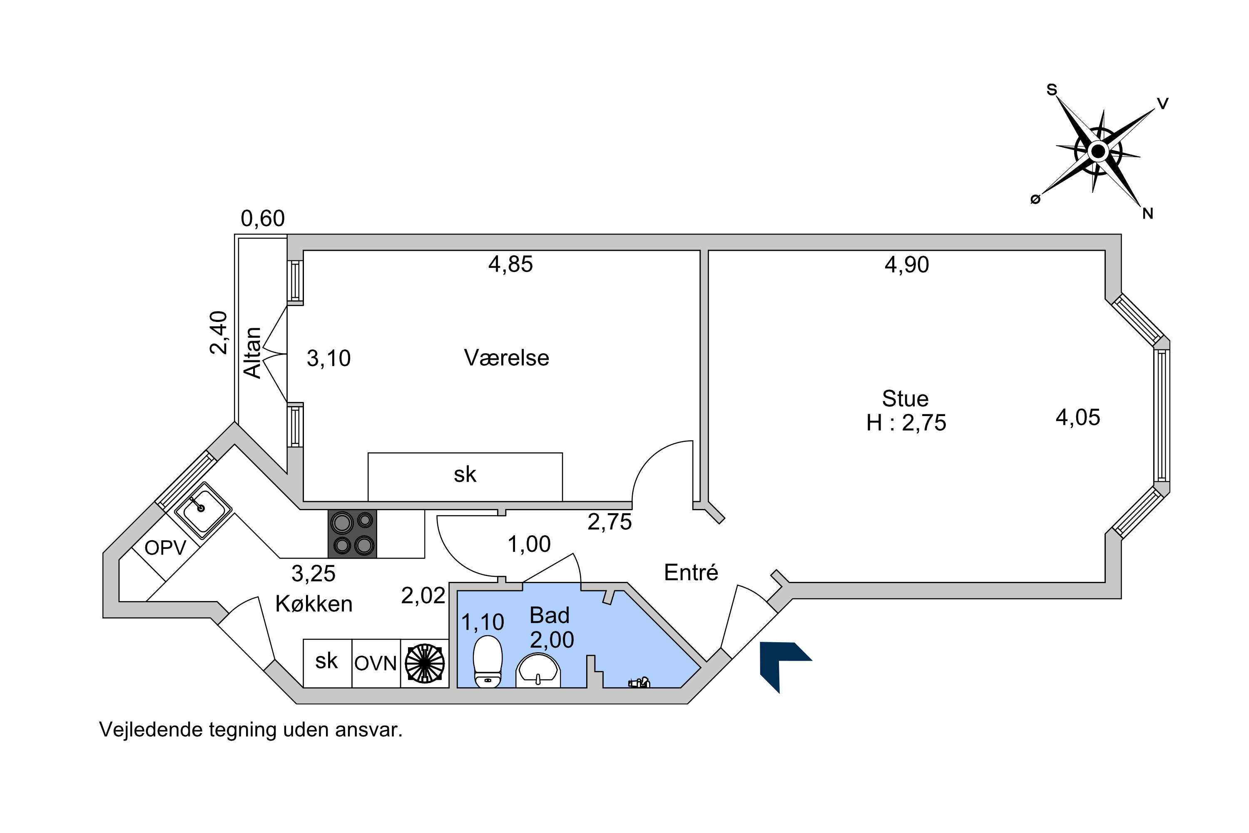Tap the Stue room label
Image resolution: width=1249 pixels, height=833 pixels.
click(x=905, y=399)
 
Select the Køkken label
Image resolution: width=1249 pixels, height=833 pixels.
click(x=314, y=604)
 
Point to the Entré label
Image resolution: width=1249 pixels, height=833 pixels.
click(x=691, y=572)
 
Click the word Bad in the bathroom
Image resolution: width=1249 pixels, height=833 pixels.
click(x=549, y=615)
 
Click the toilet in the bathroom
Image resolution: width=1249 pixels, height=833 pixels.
click(x=488, y=661)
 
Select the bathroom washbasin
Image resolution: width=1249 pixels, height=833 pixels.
click(x=538, y=671)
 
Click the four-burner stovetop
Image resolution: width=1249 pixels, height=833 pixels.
click(x=352, y=534)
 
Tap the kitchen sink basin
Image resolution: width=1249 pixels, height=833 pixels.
click(x=203, y=508)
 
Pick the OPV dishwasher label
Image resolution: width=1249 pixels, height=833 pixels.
click(x=165, y=548)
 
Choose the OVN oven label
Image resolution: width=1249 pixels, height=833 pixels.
click(x=376, y=663)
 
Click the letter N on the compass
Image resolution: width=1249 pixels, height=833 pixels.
click(x=1147, y=214)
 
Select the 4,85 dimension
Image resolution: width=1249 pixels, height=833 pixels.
click(x=510, y=264)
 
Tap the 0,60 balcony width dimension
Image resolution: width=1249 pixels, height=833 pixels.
click(x=263, y=218)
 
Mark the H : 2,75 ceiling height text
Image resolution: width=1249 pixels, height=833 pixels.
click(x=906, y=423)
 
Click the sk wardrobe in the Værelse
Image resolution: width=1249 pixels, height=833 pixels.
click(x=465, y=477)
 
